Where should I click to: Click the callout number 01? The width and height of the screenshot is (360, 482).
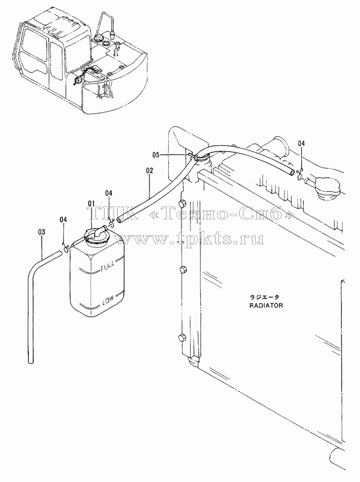[x=91, y=204]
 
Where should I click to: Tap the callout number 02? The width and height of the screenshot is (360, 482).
[x=149, y=171]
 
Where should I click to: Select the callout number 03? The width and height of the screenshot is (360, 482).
[x=41, y=232]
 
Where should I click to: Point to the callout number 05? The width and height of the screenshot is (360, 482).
[x=156, y=155]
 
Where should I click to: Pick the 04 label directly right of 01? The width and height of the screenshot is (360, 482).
[x=109, y=193]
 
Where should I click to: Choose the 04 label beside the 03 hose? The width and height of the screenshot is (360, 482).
[x=63, y=220]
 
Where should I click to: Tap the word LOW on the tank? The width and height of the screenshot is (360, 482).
[x=108, y=299]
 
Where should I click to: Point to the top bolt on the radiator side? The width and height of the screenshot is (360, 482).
[x=182, y=204]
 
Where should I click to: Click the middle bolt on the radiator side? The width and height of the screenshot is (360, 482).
[x=182, y=270]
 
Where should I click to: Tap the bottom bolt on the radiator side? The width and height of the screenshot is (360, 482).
[x=182, y=337]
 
